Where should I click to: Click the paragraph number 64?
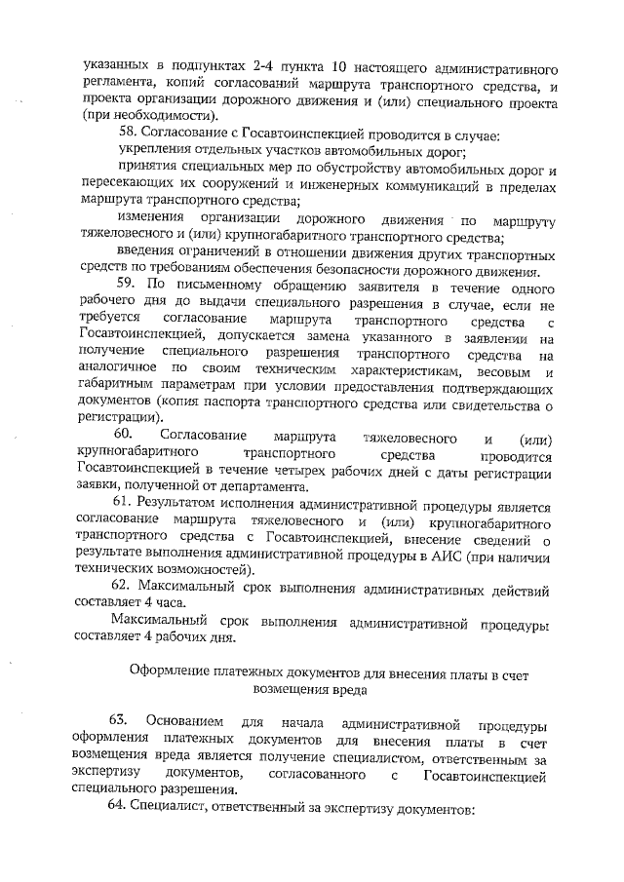click(x=124, y=810)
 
